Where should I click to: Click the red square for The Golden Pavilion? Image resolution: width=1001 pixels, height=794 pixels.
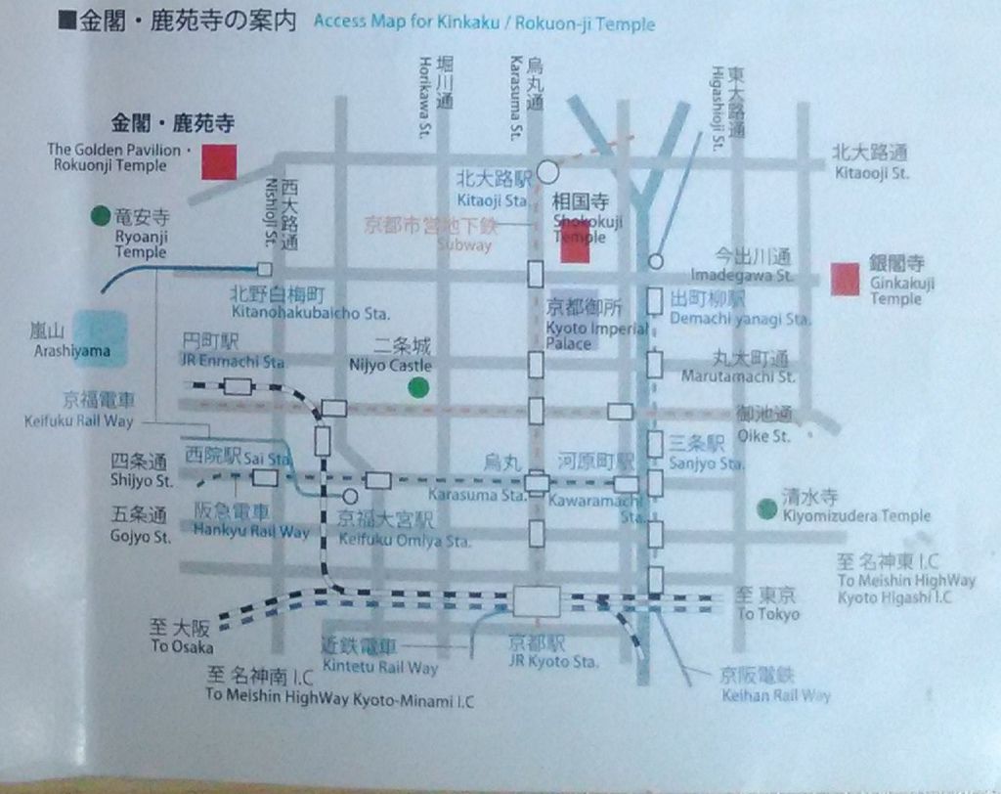pos(219,162)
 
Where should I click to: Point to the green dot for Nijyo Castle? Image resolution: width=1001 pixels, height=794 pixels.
pos(418,387)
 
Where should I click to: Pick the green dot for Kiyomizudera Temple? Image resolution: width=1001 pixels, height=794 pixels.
pos(767,507)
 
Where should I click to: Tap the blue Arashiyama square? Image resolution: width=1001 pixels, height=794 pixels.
pos(98,338)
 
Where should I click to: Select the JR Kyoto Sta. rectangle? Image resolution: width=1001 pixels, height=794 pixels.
pos(537,601)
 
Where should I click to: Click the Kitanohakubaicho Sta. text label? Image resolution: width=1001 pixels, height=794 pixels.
pos(310,314)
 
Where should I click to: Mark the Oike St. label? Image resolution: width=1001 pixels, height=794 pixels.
pos(766,436)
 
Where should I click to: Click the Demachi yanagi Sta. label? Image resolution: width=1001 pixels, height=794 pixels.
pos(740,320)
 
